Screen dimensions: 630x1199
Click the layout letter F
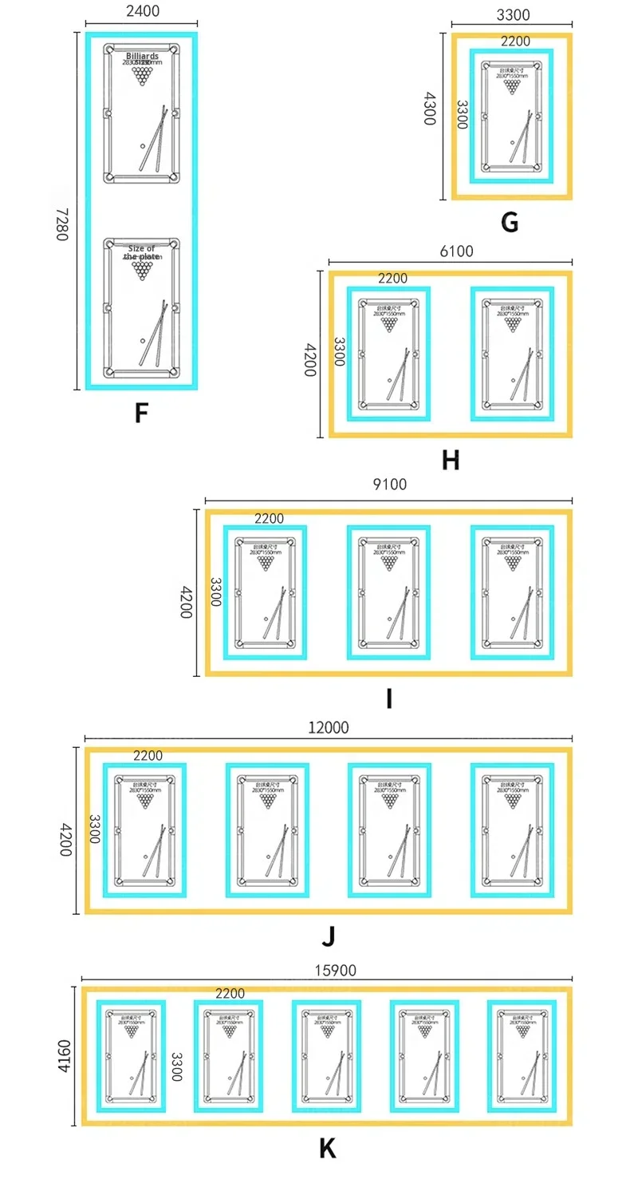(141, 413)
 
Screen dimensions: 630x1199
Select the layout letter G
(510, 222)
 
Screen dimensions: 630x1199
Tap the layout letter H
(451, 460)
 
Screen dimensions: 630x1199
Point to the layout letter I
(388, 698)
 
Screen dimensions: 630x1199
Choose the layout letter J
(328, 936)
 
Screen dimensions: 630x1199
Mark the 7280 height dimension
(62, 225)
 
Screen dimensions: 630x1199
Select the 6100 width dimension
(457, 251)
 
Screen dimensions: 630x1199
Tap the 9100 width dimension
(390, 485)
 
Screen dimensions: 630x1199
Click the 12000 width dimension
(329, 728)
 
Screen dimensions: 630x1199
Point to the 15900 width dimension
(334, 971)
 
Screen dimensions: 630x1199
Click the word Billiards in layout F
(142, 57)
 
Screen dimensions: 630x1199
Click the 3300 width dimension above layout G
(513, 15)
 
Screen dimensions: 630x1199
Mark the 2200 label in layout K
(230, 994)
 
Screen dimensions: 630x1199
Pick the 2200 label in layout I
(269, 519)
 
